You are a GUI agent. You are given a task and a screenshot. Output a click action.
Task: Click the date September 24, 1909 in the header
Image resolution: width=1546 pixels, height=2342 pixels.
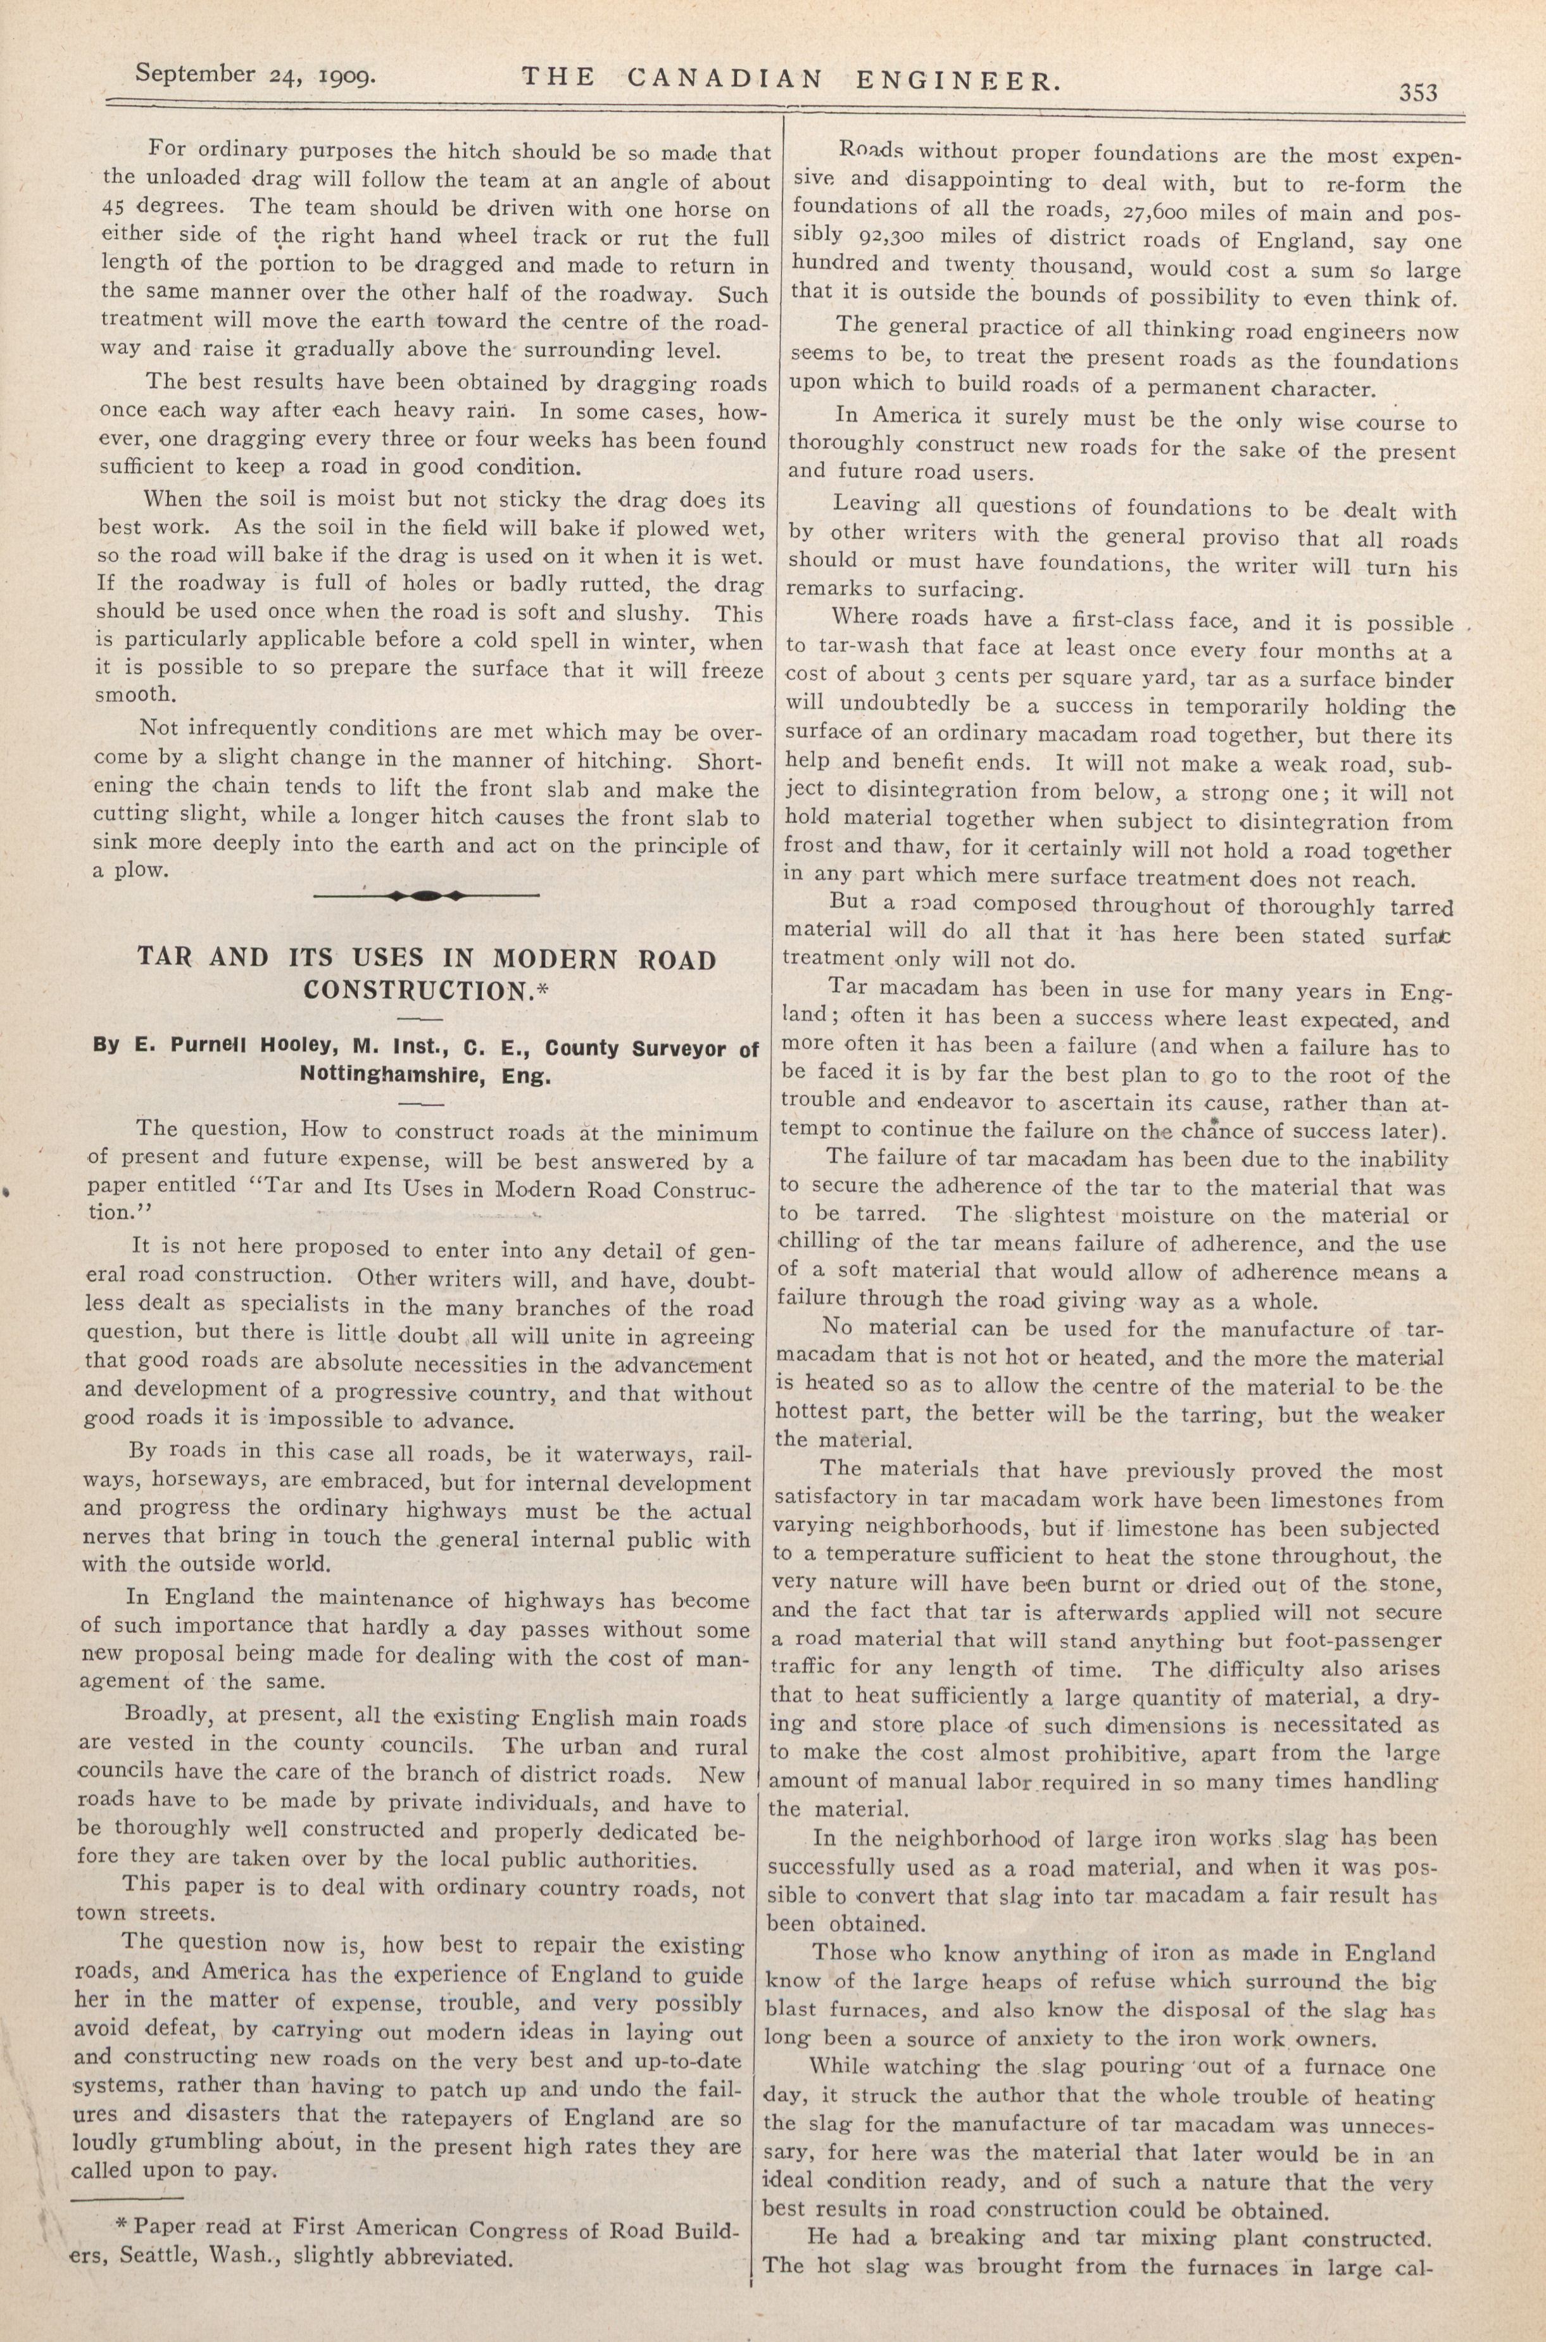(x=255, y=75)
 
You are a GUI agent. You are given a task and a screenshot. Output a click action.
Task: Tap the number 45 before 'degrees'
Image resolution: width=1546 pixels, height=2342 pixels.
(x=118, y=208)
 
